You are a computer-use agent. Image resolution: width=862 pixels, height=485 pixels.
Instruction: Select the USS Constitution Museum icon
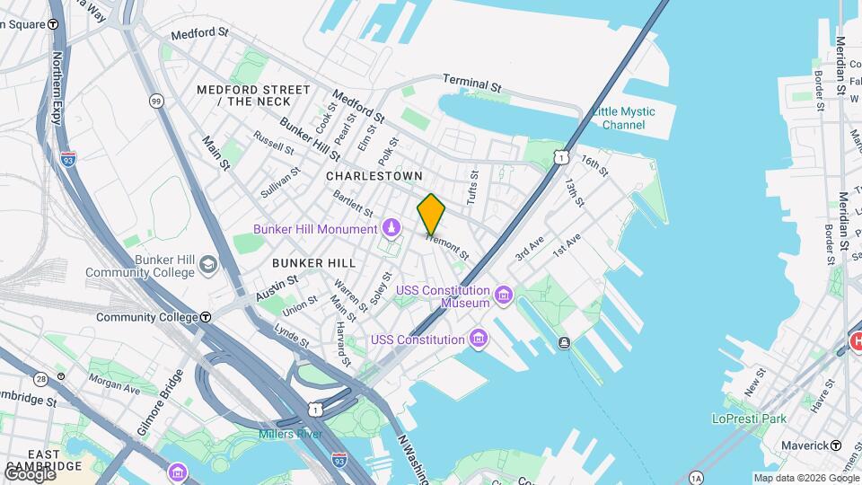pos(503,295)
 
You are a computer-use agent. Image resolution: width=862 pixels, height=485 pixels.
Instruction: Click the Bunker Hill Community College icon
pos(209,264)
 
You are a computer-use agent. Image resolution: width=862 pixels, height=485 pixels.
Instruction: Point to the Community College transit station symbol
pos(206,317)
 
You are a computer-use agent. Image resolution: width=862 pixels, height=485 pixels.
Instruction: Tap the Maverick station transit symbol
pos(836,445)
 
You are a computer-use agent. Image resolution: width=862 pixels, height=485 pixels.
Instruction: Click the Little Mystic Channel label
pos(623,118)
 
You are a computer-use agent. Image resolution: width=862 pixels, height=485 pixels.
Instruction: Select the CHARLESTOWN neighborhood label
pos(374,176)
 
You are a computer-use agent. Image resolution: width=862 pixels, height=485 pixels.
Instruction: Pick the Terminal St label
pos(471,83)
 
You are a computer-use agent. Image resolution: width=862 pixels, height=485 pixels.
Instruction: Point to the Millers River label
pos(290,435)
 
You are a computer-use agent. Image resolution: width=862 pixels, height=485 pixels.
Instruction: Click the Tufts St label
pos(473,186)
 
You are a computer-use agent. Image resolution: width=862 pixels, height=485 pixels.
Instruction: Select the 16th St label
pos(594,165)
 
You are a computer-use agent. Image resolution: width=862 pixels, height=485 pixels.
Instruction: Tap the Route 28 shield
pos(41,379)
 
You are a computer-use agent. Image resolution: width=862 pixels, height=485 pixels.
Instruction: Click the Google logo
pos(29,473)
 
